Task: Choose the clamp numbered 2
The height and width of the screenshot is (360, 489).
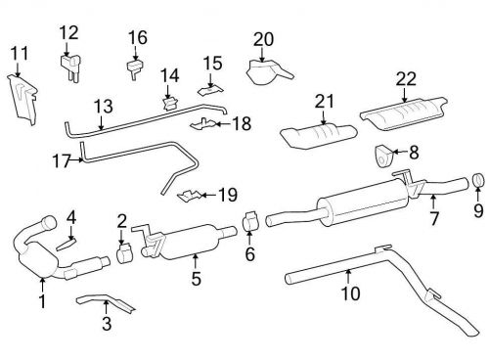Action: coord(124,254)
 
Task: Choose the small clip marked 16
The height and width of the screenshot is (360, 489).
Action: coord(135,68)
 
